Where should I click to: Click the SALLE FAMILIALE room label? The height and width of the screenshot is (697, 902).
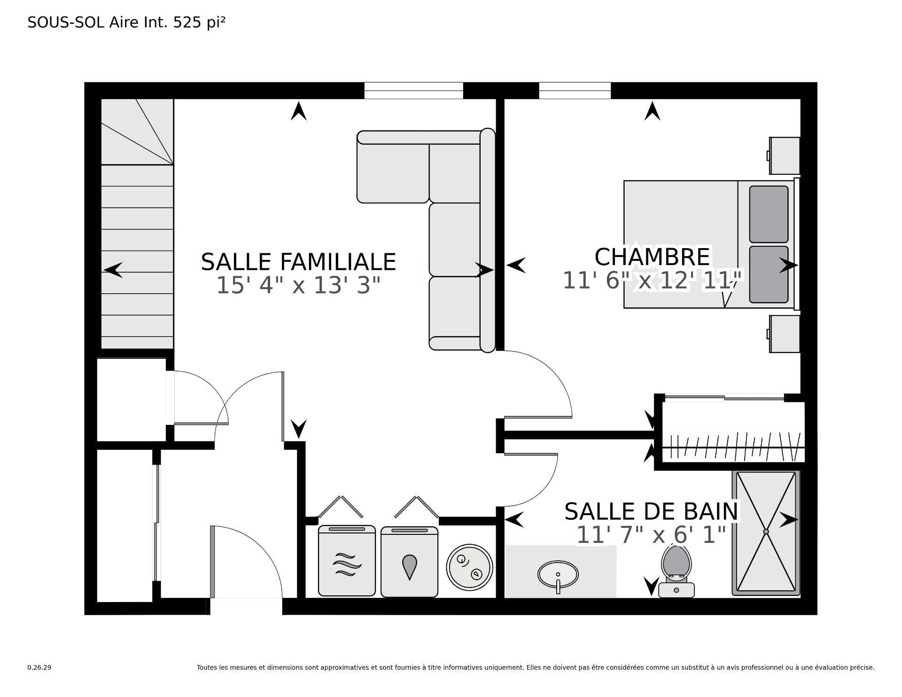tap(298, 262)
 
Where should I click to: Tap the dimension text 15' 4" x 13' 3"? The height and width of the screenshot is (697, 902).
tap(298, 285)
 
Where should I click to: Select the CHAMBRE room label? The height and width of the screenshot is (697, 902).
tap(652, 257)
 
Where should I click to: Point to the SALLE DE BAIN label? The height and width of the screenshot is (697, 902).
tap(651, 511)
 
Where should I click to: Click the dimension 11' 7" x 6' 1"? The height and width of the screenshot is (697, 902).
tap(651, 534)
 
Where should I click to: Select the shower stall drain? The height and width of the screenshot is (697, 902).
tap(766, 532)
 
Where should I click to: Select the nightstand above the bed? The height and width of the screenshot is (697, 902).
tap(784, 156)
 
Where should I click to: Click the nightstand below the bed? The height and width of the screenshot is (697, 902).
tap(784, 334)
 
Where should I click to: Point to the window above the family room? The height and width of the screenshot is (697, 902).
tap(413, 90)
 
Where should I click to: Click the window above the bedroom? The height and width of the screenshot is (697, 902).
tap(575, 90)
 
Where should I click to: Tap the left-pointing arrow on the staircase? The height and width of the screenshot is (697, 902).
tap(113, 270)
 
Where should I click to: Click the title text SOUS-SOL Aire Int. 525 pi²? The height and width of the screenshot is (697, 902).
tap(126, 23)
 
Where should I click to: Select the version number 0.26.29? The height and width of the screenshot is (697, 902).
tap(39, 667)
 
